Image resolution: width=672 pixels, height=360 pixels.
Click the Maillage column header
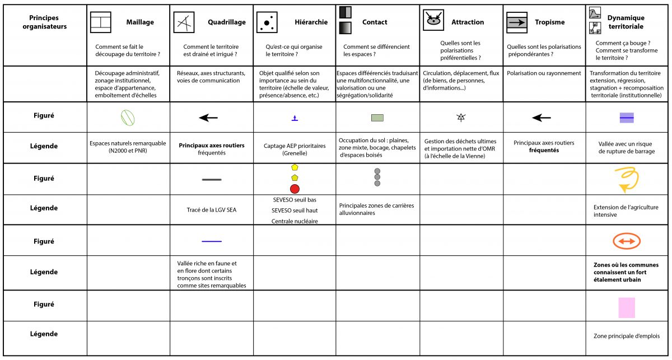tap(140, 22)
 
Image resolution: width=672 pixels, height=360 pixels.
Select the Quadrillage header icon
tap(184, 22)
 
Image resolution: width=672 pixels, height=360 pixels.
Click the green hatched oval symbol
tap(128, 118)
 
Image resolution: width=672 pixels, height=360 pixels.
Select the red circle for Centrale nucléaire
tap(295, 189)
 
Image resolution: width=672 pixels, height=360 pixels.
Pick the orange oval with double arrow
tap(627, 241)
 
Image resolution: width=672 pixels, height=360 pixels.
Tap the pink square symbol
tap(626, 308)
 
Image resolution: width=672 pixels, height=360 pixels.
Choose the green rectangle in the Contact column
tap(377, 118)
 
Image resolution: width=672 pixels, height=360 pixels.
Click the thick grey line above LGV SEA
tap(212, 179)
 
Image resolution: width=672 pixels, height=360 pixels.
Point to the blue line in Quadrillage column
tap(212, 241)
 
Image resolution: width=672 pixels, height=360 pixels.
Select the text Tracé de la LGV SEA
tap(212, 210)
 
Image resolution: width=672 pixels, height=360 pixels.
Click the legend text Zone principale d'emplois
tap(627, 336)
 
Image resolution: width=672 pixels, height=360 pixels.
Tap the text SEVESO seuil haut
tap(294, 210)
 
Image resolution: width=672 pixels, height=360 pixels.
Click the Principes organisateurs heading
tap(48, 22)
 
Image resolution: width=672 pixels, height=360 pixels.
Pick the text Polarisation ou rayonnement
tap(544, 73)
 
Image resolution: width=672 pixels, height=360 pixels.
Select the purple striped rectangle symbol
tap(627, 118)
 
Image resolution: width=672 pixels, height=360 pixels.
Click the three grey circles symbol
tap(377, 177)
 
